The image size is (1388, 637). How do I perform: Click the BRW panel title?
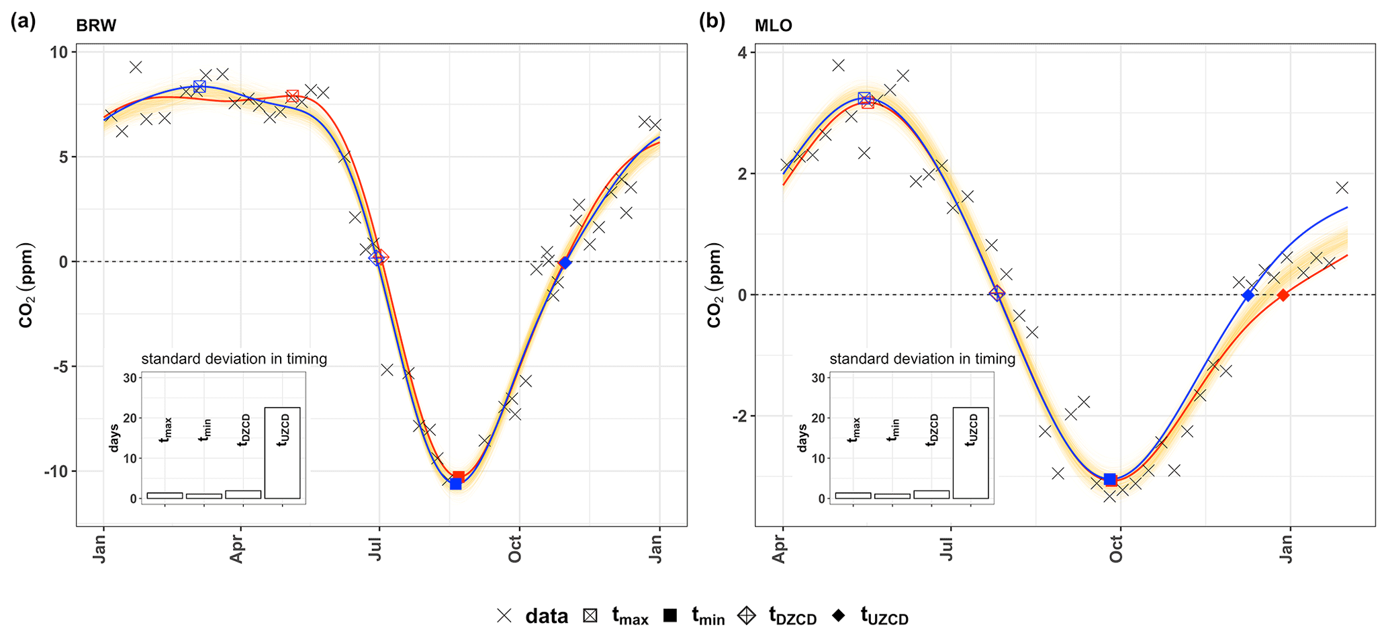[x=96, y=26]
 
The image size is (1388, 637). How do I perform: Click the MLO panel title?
[x=773, y=26]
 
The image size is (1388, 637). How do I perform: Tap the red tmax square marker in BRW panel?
[x=292, y=97]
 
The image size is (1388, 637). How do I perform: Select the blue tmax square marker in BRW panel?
[x=199, y=87]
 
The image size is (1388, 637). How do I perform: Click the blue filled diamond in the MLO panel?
[x=1248, y=295]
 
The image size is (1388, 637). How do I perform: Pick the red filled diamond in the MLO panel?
[x=1283, y=295]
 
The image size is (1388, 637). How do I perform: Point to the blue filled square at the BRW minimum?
[x=455, y=483]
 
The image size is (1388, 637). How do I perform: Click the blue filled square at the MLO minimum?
[x=1110, y=479]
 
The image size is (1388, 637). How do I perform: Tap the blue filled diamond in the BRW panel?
[x=565, y=263]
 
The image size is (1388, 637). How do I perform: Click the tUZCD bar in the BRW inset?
[x=282, y=453]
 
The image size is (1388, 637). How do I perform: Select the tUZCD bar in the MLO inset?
[x=970, y=453]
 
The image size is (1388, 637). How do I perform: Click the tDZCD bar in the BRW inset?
[x=243, y=495]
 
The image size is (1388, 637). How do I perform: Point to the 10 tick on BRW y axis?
[x=59, y=52]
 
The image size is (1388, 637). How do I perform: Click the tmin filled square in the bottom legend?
[x=669, y=615]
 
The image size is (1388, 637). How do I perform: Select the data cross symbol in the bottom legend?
[x=504, y=615]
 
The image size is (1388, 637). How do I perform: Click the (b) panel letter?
[x=712, y=22]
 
